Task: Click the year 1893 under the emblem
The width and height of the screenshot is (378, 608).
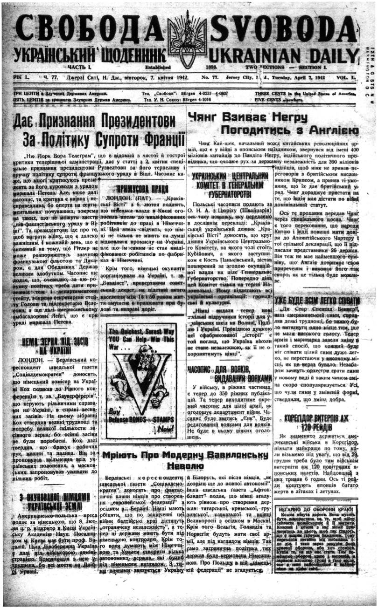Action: click(x=217, y=68)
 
